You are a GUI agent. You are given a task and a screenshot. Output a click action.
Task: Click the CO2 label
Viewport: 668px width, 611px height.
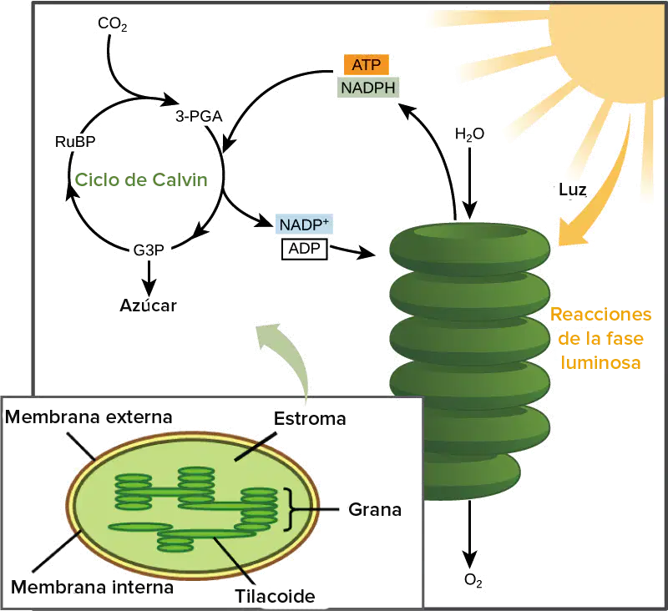coord(113,24)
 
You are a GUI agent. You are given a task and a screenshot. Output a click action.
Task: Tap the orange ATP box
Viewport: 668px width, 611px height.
coord(367,65)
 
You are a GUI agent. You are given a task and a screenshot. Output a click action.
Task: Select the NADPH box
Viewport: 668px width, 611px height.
coord(368,88)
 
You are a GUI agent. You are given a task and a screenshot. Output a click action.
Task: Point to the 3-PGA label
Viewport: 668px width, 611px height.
coord(199,116)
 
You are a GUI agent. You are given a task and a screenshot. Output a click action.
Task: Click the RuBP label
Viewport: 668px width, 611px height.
coord(75,141)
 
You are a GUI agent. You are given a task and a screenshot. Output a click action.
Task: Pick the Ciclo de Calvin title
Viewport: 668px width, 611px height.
coord(141,179)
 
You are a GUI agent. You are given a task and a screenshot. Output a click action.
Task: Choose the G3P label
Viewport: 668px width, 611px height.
coord(149,250)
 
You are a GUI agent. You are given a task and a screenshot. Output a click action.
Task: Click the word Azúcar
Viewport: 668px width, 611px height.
coord(148,305)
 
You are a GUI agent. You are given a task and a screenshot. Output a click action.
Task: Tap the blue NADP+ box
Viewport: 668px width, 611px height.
coord(304,224)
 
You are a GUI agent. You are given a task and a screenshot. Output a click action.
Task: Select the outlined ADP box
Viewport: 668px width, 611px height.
coord(305,249)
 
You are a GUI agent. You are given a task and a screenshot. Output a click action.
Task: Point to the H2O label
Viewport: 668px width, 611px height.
coord(469,134)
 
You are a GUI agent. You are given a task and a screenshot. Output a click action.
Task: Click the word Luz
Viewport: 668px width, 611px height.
coord(573,189)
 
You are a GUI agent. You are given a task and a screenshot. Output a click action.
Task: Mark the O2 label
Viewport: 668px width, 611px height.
coord(473,580)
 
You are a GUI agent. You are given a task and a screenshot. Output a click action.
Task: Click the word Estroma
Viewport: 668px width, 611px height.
coord(310,418)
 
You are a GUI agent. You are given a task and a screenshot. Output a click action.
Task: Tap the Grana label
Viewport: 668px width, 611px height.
coord(375,509)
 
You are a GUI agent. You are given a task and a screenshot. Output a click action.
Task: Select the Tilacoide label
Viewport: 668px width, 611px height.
coord(275,596)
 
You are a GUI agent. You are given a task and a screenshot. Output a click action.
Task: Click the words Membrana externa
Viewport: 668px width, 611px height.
coord(89,417)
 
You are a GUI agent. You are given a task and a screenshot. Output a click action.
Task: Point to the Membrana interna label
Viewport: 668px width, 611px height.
coord(92,587)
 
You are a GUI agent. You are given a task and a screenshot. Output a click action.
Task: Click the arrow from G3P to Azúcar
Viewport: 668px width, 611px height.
coord(149,278)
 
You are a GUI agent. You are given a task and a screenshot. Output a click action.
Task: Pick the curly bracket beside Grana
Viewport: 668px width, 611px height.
coord(290,510)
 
